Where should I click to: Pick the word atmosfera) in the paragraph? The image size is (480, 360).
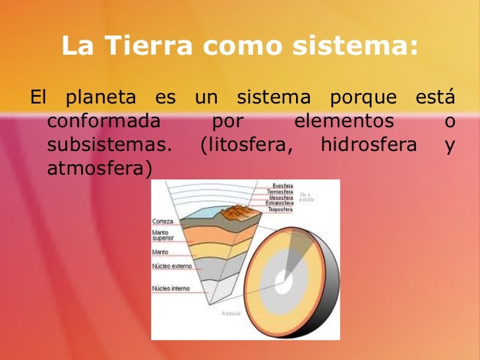[x=100, y=169]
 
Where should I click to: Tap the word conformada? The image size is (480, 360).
[x=104, y=122]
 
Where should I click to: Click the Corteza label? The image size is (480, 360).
[x=163, y=222]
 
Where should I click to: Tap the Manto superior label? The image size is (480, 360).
[x=164, y=235]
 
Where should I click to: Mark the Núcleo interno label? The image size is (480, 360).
[x=171, y=288]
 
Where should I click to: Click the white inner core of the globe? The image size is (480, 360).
[x=284, y=285]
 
